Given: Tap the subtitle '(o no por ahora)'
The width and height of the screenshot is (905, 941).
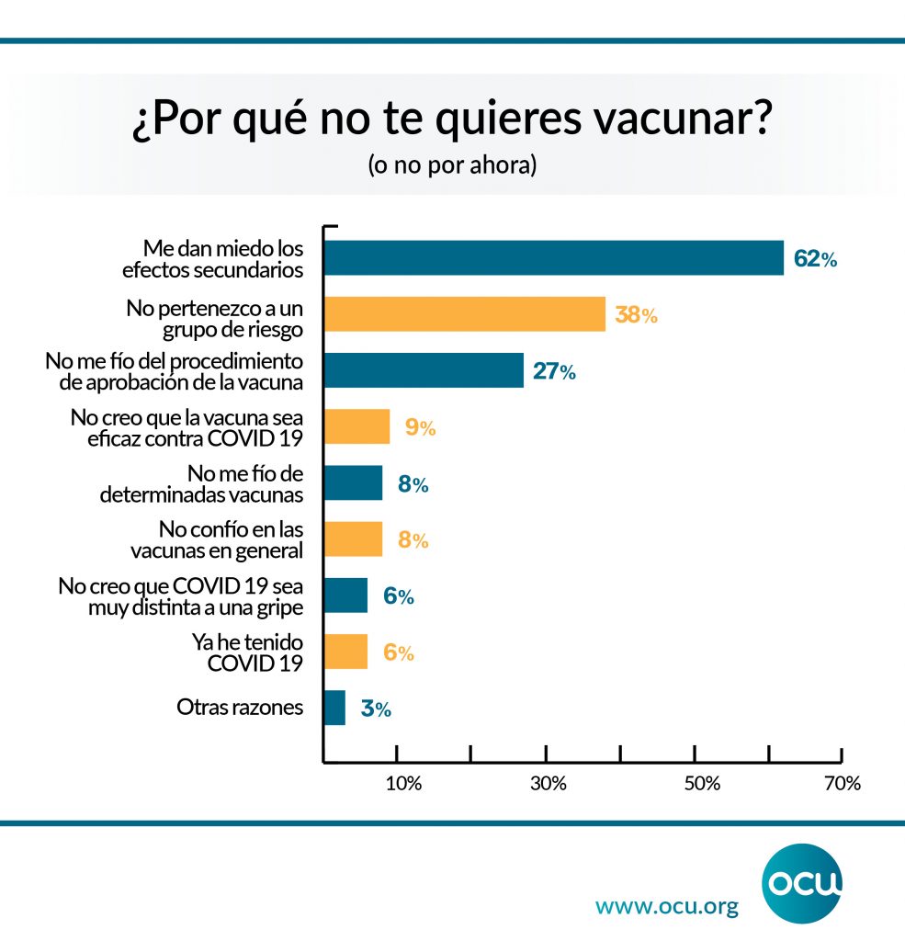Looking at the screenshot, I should click(452, 167).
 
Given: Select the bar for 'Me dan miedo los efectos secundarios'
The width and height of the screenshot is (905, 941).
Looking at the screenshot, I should click(554, 258).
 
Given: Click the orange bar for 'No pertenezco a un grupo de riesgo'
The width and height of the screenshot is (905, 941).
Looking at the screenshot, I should click(465, 314).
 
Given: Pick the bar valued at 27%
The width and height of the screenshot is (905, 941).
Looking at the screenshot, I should click(424, 370).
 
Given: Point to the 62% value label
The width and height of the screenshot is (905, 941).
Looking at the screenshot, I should click(815, 259).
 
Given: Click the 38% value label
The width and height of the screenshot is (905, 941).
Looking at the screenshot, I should click(637, 315).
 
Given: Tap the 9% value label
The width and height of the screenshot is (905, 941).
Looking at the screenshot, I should click(420, 427).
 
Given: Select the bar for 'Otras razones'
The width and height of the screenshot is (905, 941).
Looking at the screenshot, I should click(334, 709).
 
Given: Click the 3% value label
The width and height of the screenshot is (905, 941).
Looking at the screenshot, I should click(375, 709).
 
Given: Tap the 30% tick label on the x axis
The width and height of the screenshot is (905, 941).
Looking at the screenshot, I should click(549, 784).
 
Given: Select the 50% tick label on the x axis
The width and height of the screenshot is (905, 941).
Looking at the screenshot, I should click(701, 784).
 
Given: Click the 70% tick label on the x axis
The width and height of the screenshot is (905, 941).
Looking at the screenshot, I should click(842, 784).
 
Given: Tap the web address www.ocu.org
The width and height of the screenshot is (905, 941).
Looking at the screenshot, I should click(667, 907).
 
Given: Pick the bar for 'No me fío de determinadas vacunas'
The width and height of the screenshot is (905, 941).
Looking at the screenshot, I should click(354, 483).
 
